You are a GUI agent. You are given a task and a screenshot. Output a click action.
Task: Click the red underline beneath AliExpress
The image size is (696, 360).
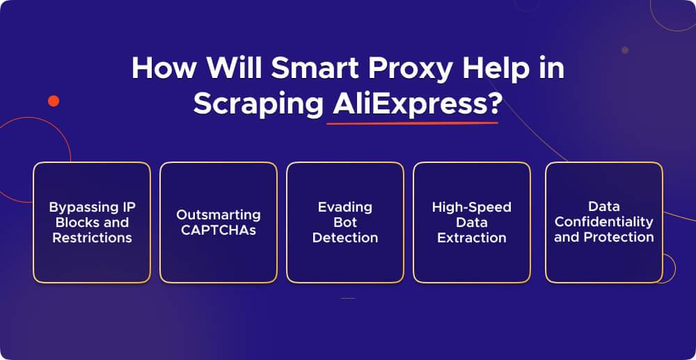pyautogui.click(x=412, y=123)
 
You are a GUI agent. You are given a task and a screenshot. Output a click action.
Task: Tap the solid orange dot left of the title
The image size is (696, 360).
pyautogui.click(x=54, y=101)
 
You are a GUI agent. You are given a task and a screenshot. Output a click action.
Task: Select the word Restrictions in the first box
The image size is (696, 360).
pyautogui.click(x=92, y=237)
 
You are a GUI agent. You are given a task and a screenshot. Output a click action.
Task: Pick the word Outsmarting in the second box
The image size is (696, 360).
pyautogui.click(x=218, y=214)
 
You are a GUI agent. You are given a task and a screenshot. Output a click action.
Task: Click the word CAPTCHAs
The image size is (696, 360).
pyautogui.click(x=218, y=230)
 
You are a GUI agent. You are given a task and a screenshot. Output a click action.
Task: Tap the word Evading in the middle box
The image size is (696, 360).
pyautogui.click(x=345, y=207)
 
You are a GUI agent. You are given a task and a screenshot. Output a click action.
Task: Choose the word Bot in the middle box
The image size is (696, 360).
pyautogui.click(x=345, y=222)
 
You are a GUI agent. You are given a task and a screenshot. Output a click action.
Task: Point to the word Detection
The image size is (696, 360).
pyautogui.click(x=345, y=237)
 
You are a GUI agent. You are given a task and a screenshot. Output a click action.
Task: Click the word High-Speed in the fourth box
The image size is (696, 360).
pyautogui.click(x=471, y=207)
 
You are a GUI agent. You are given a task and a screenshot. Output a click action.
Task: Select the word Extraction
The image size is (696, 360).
pyautogui.click(x=471, y=237)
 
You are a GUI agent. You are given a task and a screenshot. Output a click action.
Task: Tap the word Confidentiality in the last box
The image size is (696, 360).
pyautogui.click(x=603, y=221)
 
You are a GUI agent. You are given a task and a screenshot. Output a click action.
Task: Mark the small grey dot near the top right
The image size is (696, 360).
pyautogui.click(x=624, y=50)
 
